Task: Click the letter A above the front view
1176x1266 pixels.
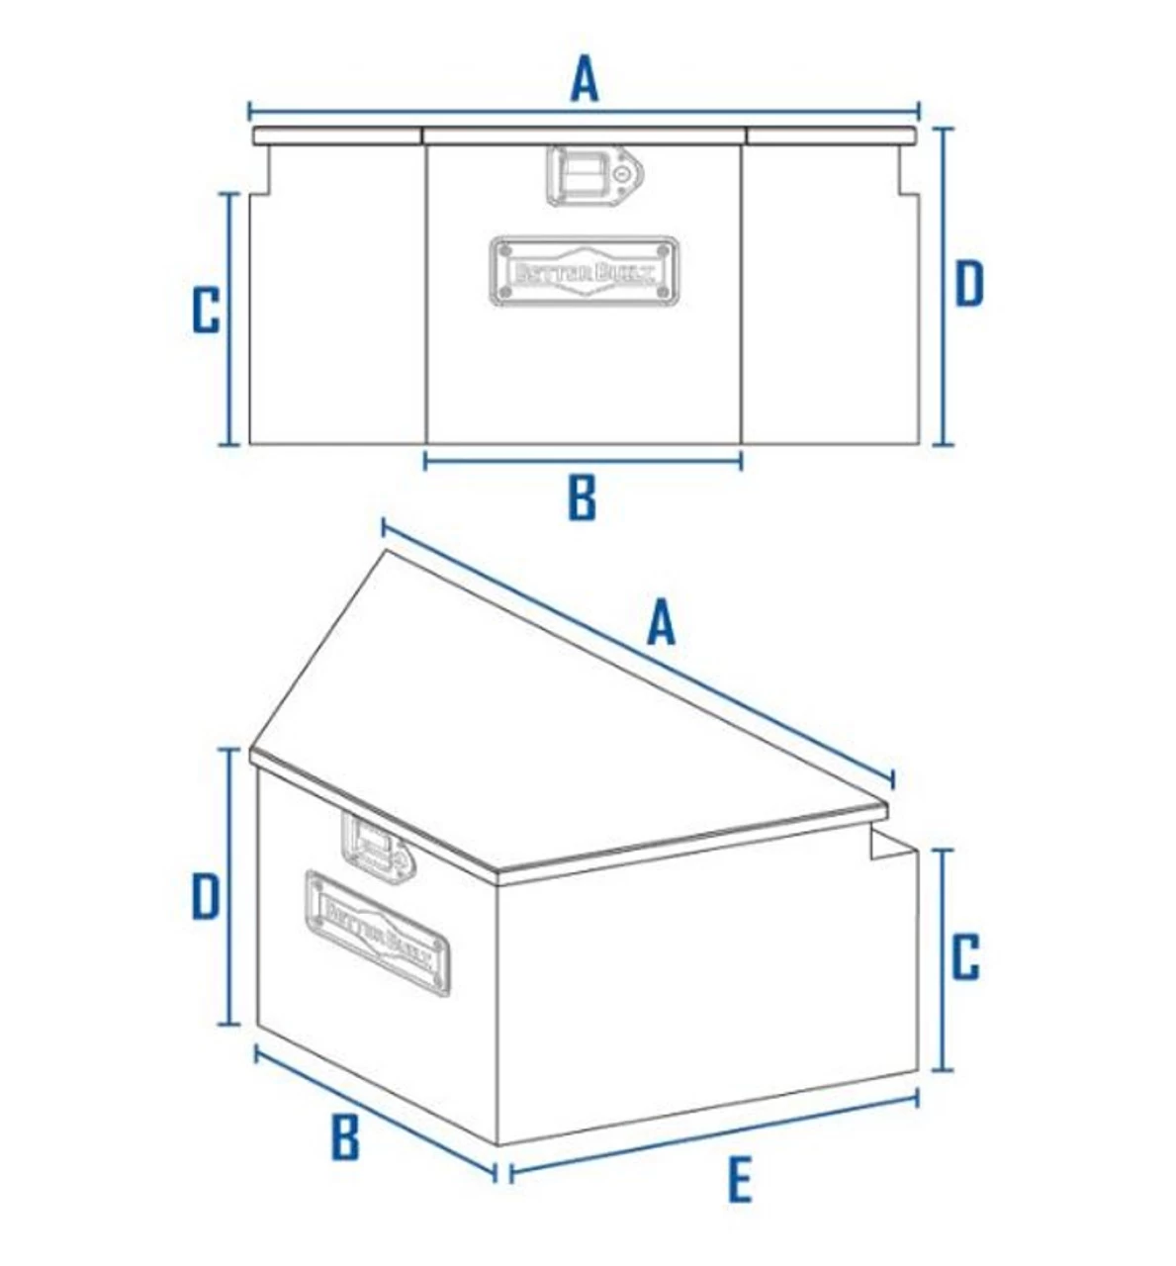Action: coord(585,79)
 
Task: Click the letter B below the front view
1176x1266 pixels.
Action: coord(583,497)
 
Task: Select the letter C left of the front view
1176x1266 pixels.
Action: coord(206,311)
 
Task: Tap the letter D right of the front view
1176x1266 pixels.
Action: coord(969,283)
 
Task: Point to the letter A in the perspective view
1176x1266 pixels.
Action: coord(661,624)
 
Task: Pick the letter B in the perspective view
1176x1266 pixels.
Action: coord(344,1137)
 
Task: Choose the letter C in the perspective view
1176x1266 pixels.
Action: coord(965,956)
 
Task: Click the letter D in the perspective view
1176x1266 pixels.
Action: coord(205,898)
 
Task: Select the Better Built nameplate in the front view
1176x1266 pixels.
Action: coord(585,271)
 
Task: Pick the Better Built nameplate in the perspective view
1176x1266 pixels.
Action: coord(377,932)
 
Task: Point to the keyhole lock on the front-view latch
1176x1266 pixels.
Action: coord(622,173)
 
